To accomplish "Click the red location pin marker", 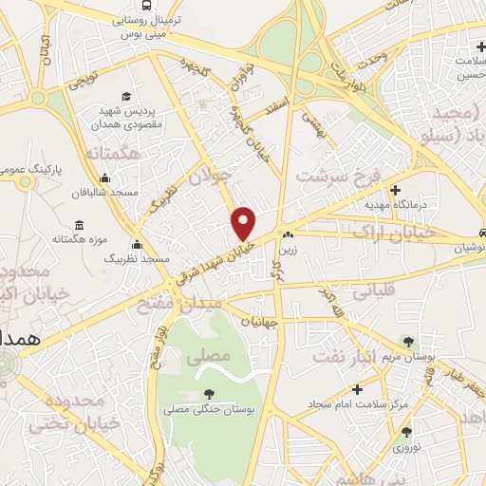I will click(244, 223).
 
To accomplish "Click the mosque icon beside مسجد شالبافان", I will click(103, 178).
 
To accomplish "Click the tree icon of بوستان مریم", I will click(408, 341).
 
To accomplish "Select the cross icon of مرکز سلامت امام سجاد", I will click(356, 389).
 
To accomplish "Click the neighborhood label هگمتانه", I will click(112, 151).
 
